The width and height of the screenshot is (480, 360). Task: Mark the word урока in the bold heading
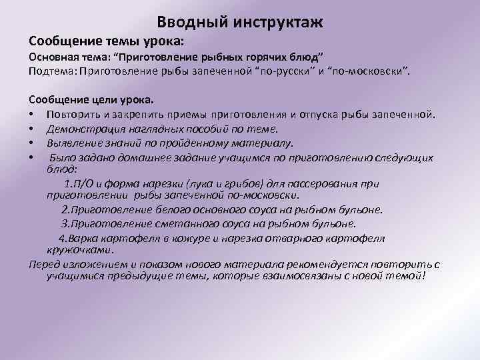(155, 41)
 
